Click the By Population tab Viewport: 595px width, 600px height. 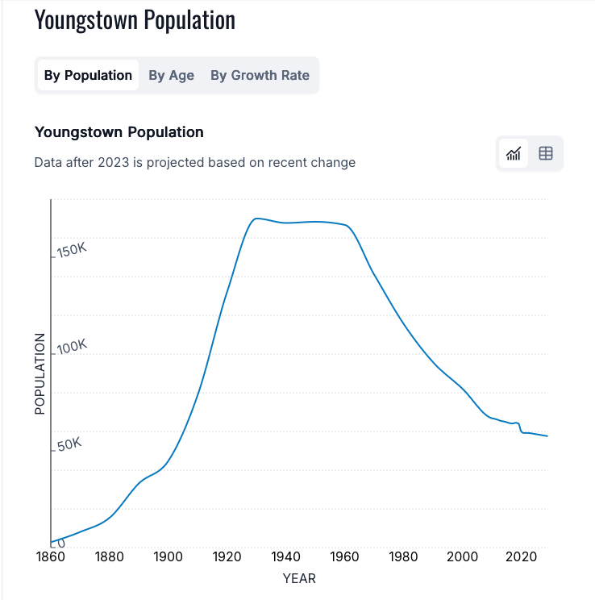point(88,75)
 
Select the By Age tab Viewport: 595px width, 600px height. point(171,75)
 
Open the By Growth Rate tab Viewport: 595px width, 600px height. point(260,75)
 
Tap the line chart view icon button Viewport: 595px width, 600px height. point(514,153)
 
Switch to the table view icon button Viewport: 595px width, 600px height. point(546,153)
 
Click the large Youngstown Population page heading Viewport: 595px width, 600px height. point(135,20)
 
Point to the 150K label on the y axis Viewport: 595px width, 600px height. point(71,250)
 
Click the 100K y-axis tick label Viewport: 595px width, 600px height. point(71,347)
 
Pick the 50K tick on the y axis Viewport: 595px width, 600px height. point(69,444)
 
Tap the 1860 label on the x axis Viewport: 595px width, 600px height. point(50,557)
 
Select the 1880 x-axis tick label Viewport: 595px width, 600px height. point(108,557)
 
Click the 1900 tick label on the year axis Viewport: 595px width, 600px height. point(167,557)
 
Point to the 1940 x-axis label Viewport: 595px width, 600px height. point(285,557)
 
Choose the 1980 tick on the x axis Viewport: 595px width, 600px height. point(403,557)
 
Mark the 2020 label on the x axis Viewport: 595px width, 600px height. point(522,557)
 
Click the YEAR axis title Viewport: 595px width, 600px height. point(299,578)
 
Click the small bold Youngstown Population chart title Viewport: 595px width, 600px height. point(119,132)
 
